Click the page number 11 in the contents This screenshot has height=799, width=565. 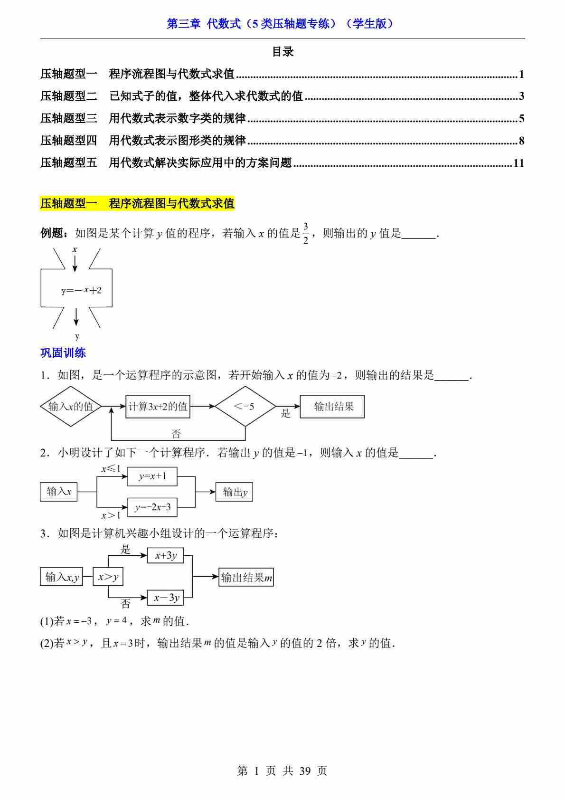coord(518,163)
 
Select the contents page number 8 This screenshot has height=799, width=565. coord(521,141)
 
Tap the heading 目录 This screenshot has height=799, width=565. coord(282,52)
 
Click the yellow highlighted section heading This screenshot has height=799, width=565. coord(137,203)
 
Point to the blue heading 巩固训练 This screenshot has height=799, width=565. coord(63,352)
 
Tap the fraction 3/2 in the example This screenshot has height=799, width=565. coord(306,233)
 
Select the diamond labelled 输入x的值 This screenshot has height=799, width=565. coord(71,407)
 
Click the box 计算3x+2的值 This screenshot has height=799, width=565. coord(158,407)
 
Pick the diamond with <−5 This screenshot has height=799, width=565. coord(245,407)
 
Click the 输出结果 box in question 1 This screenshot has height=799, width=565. coord(332,407)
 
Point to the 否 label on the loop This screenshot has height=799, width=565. coord(176,433)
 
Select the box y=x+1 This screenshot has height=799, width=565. coord(152,476)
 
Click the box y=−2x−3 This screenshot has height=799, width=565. coord(152,507)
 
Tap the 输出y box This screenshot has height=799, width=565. coord(234,492)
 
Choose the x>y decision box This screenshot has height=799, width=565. coord(108,577)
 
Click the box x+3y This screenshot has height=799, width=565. coord(166,556)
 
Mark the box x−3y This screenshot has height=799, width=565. coord(166,598)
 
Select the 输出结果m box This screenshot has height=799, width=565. coord(246,577)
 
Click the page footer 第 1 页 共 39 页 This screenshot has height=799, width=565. coord(282,770)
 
